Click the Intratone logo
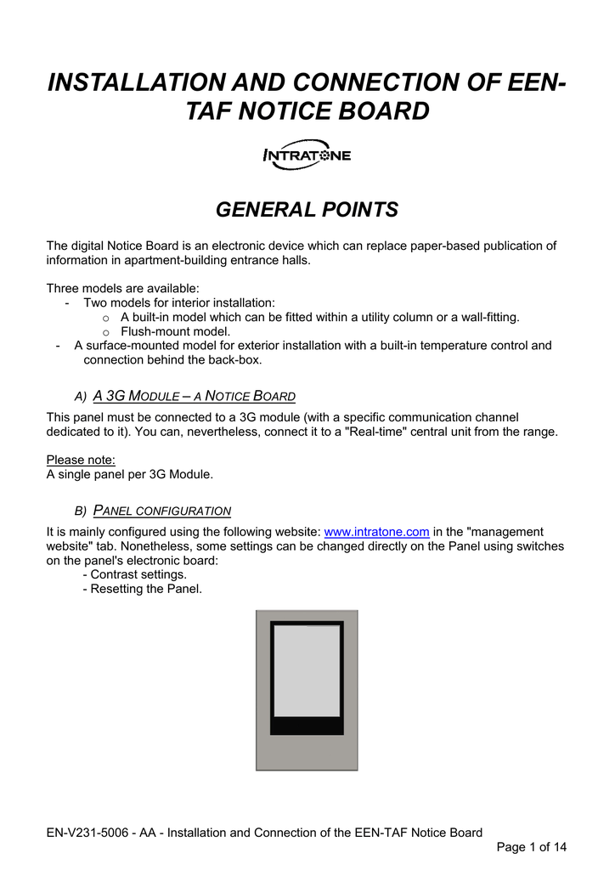pyautogui.click(x=306, y=156)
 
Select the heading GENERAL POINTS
pyautogui.click(x=307, y=209)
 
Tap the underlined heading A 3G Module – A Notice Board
pyautogui.click(x=194, y=396)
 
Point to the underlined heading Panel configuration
pyautogui.click(x=161, y=511)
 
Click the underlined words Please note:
pyautogui.click(x=81, y=460)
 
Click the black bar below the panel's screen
pyautogui.click(x=307, y=725)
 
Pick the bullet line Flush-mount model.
pyautogui.click(x=175, y=331)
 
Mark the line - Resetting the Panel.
pyautogui.click(x=142, y=589)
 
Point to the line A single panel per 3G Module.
pyautogui.click(x=129, y=474)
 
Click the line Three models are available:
pyautogui.click(x=122, y=288)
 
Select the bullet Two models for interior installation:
pyautogui.click(x=178, y=302)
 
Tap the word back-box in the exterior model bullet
pyautogui.click(x=234, y=360)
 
